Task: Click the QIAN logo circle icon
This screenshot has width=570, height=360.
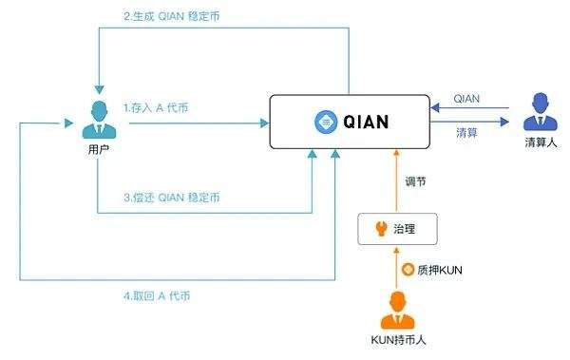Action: tap(325, 122)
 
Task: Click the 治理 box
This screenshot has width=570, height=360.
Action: tap(400, 228)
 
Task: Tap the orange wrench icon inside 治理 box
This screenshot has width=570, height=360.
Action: tap(381, 228)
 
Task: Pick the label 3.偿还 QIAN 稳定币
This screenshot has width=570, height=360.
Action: tap(172, 197)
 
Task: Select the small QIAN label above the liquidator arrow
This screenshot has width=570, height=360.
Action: tap(467, 98)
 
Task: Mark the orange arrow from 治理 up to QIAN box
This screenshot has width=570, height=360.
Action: tap(400, 180)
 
